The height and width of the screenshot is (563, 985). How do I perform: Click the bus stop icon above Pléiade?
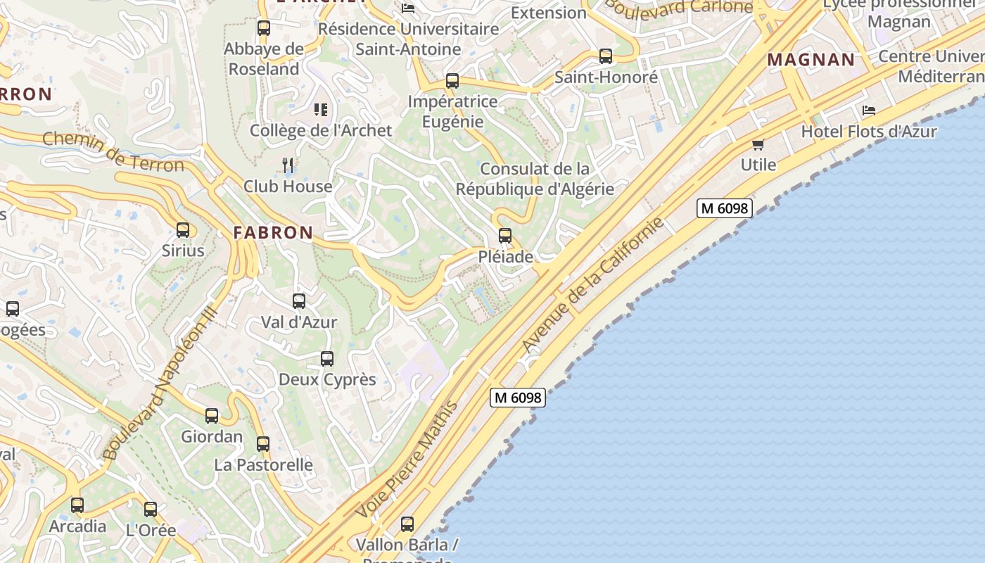[x=505, y=236]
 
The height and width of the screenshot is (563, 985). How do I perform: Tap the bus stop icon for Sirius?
[x=183, y=230]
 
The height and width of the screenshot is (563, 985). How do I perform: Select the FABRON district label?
[x=273, y=232]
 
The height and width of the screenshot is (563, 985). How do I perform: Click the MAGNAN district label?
[x=811, y=60]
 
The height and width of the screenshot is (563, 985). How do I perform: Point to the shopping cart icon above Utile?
[x=758, y=145]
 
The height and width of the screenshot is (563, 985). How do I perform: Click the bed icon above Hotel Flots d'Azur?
[x=869, y=110]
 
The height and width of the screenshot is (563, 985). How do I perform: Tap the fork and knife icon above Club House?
[x=288, y=165]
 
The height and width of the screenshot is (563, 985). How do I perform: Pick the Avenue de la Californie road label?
[x=592, y=285]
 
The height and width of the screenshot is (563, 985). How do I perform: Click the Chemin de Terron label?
[x=113, y=151]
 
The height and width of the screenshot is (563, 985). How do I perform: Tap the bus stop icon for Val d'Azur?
[x=299, y=301]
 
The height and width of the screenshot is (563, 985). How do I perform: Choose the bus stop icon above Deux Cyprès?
[x=327, y=359]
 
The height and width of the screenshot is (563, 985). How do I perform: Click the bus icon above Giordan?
[x=212, y=416]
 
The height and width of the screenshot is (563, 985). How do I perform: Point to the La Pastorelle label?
[x=263, y=465]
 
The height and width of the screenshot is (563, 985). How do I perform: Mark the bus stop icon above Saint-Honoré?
[x=606, y=56]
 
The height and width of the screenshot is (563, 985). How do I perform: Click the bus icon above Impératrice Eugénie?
[x=452, y=81]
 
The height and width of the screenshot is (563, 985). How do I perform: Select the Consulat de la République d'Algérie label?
[x=535, y=179]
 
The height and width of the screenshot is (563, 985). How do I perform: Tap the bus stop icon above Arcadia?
[x=77, y=505]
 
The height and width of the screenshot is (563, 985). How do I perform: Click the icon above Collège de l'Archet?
[x=321, y=109]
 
